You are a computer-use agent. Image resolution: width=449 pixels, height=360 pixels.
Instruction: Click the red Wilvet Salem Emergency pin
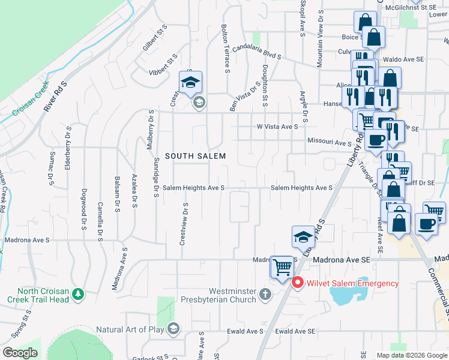tap(297, 283)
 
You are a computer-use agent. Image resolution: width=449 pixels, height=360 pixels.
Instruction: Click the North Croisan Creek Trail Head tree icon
tap(77, 294)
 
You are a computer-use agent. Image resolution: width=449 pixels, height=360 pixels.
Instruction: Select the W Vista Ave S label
tap(277, 127)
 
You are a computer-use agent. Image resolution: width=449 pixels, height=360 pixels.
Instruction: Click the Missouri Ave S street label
tap(329, 143)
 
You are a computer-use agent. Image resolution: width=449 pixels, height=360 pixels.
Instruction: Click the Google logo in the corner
tap(20, 353)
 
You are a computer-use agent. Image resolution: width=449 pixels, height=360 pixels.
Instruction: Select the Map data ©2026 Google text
tap(412, 355)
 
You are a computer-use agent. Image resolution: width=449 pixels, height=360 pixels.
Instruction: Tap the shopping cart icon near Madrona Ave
tap(281, 266)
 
